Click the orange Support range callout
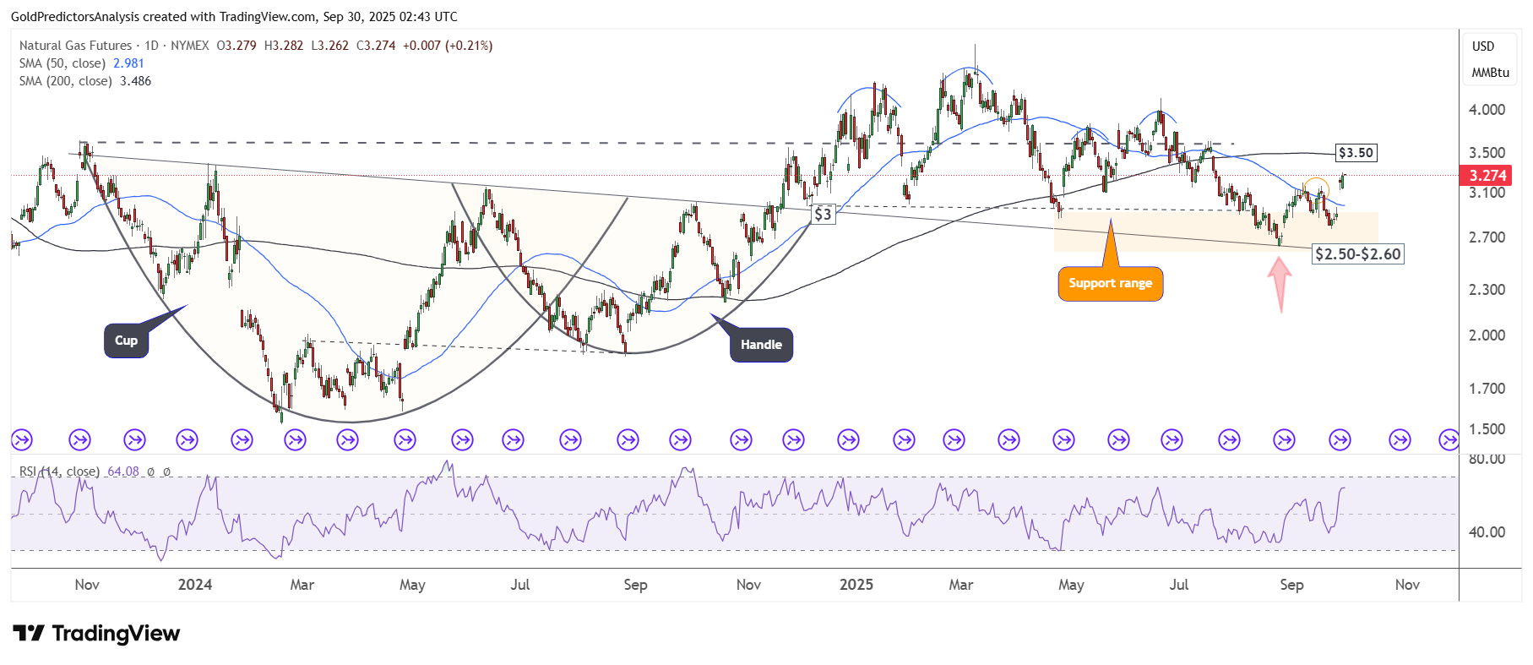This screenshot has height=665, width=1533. [x=1110, y=284]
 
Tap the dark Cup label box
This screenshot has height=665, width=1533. [x=127, y=341]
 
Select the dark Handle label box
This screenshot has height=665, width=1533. [x=761, y=345]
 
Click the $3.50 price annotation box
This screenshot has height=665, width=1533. [x=1356, y=153]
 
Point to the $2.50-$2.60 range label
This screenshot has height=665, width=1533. [x=1357, y=254]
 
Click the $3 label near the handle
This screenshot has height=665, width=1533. [x=823, y=215]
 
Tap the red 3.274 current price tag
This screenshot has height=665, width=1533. [x=1487, y=176]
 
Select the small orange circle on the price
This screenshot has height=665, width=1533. [x=1316, y=188]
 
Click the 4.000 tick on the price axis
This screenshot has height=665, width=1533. [x=1487, y=110]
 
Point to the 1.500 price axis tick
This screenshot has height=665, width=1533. [x=1487, y=429]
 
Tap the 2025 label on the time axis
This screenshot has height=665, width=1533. [x=856, y=585]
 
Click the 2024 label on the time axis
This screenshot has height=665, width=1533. [x=195, y=585]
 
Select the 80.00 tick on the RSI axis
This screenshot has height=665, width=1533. [x=1487, y=460]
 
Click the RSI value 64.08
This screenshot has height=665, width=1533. [x=123, y=471]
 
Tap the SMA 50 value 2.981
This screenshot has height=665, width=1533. [x=128, y=63]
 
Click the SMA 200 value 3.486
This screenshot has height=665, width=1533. [x=135, y=81]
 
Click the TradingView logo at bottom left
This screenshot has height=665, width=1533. [x=96, y=634]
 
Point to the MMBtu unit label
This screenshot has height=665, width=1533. [x=1490, y=73]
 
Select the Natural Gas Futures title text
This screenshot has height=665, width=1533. [x=76, y=46]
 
